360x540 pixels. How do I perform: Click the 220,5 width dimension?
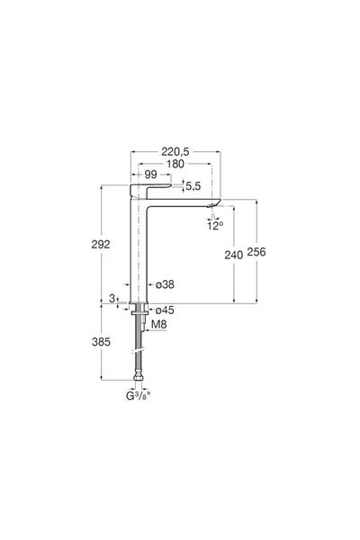coord(175,151)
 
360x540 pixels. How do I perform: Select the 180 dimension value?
coord(175,164)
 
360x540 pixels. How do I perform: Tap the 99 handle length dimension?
coord(150,175)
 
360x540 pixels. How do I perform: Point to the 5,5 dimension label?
coord(193,186)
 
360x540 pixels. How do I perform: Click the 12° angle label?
coord(215,226)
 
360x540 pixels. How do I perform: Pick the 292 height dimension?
coord(101,244)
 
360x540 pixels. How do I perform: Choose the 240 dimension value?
coord(234,255)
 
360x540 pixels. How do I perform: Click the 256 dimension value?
coord(256,252)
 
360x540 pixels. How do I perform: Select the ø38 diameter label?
coord(165,284)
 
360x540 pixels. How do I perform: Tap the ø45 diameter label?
coord(165,310)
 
